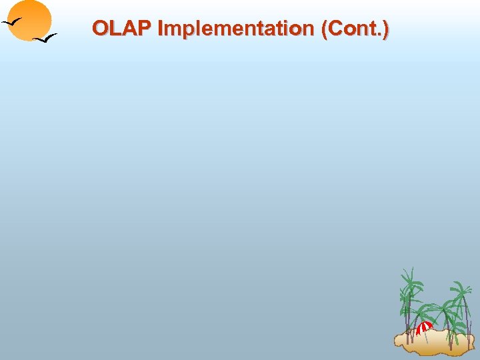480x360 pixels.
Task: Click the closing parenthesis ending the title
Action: coord(386,29)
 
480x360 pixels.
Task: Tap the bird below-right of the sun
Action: coord(45,38)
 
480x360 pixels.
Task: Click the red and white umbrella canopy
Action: coord(424,327)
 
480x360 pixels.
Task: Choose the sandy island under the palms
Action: coord(433,341)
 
